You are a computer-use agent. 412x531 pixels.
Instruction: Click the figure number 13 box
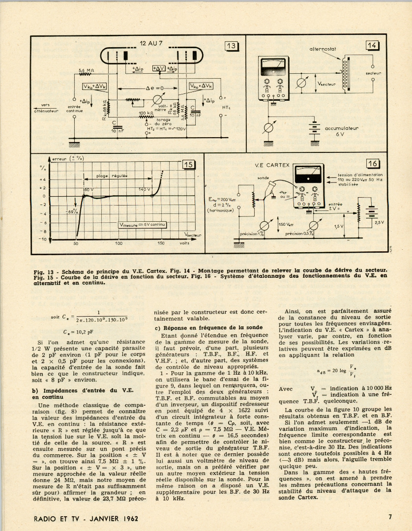pyautogui.click(x=231, y=46)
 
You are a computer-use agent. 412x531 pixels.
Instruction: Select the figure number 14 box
pyautogui.click(x=372, y=46)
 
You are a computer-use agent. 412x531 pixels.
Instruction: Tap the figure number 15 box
pyautogui.click(x=189, y=165)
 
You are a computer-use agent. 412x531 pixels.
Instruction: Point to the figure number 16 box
pyautogui.click(x=372, y=164)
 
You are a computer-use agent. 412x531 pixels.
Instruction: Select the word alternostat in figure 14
pyautogui.click(x=322, y=49)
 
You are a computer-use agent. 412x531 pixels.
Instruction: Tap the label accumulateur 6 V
pyautogui.click(x=341, y=131)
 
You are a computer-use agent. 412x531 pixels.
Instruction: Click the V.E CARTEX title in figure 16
pyautogui.click(x=272, y=165)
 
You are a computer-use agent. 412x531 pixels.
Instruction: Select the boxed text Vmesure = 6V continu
pyautogui.click(x=143, y=224)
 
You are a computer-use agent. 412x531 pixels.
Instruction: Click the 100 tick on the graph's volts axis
pyautogui.click(x=118, y=243)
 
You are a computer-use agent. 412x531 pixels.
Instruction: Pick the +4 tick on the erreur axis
pyautogui.click(x=43, y=179)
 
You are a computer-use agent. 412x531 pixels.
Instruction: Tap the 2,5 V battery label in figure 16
pyautogui.click(x=379, y=222)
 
